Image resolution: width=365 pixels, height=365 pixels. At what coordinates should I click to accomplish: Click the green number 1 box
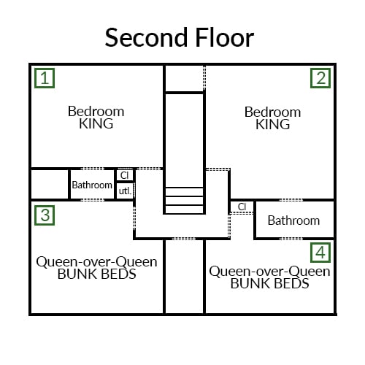pos(45,78)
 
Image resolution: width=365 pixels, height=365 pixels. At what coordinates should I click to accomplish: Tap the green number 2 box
pos(320,78)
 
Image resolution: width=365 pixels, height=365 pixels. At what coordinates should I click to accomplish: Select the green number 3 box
pos(45,215)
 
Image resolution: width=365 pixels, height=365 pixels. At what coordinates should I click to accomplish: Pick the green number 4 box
pos(320,253)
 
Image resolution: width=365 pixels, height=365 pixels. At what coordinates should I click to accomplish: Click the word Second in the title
pos(146,38)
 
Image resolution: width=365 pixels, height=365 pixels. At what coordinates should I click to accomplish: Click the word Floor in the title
pos(225,38)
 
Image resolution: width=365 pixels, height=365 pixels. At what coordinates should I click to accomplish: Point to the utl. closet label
pos(125,191)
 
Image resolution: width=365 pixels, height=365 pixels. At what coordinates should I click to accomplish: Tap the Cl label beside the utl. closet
pos(124,175)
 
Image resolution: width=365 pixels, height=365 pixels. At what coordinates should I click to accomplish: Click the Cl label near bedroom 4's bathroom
pos(242,207)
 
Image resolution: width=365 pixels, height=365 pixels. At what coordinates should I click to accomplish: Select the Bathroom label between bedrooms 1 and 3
pos(92,185)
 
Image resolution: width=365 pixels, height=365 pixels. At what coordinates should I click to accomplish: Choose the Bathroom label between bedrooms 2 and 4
pos(293,220)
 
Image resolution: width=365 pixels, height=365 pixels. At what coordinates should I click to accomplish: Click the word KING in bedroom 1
pos(96,123)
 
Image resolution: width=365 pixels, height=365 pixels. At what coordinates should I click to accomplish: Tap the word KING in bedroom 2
pos(273,124)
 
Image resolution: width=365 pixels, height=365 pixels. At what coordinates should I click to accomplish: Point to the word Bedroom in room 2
pos(273,112)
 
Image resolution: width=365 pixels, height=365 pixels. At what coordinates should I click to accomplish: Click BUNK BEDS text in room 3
pos(97,274)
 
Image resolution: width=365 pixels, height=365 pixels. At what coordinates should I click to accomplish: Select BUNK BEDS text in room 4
pos(270,283)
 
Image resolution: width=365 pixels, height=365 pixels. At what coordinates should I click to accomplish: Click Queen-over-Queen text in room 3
pos(96,262)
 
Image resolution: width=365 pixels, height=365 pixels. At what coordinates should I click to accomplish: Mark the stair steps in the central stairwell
pos(184,201)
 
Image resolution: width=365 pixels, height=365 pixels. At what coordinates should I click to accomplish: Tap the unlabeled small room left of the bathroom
pos(50,184)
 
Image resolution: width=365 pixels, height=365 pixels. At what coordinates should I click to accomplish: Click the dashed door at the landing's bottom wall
pos(184,239)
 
